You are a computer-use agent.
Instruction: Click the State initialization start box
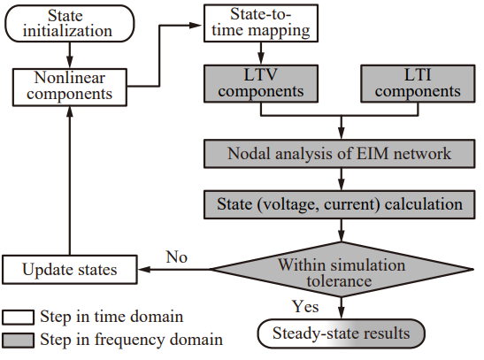pyautogui.click(x=70, y=24)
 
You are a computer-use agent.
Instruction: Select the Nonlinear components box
pyautogui.click(x=70, y=88)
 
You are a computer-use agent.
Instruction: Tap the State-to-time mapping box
pyautogui.click(x=261, y=23)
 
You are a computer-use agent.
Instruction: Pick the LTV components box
pyautogui.click(x=261, y=84)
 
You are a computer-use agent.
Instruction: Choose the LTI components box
pyautogui.click(x=418, y=84)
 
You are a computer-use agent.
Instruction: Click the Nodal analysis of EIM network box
pyautogui.click(x=339, y=154)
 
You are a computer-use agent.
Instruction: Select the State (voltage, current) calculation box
pyautogui.click(x=339, y=205)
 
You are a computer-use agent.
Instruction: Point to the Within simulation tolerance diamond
pyautogui.click(x=342, y=269)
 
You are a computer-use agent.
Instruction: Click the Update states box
pyautogui.click(x=70, y=269)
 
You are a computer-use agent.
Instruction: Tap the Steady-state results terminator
pyautogui.click(x=341, y=333)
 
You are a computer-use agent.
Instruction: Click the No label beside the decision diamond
pyautogui.click(x=177, y=257)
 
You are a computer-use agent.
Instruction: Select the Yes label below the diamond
pyautogui.click(x=305, y=307)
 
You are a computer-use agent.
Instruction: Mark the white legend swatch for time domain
pyautogui.click(x=18, y=318)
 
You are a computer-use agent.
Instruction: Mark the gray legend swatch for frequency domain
pyautogui.click(x=18, y=341)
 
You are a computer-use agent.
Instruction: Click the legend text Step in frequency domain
pyautogui.click(x=132, y=340)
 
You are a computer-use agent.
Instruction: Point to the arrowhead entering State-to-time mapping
pyautogui.click(x=196, y=26)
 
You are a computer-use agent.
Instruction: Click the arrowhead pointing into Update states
pyautogui.click(x=144, y=269)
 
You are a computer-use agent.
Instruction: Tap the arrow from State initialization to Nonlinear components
pyautogui.click(x=70, y=55)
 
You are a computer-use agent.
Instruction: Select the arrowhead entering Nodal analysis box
pyautogui.click(x=341, y=133)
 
